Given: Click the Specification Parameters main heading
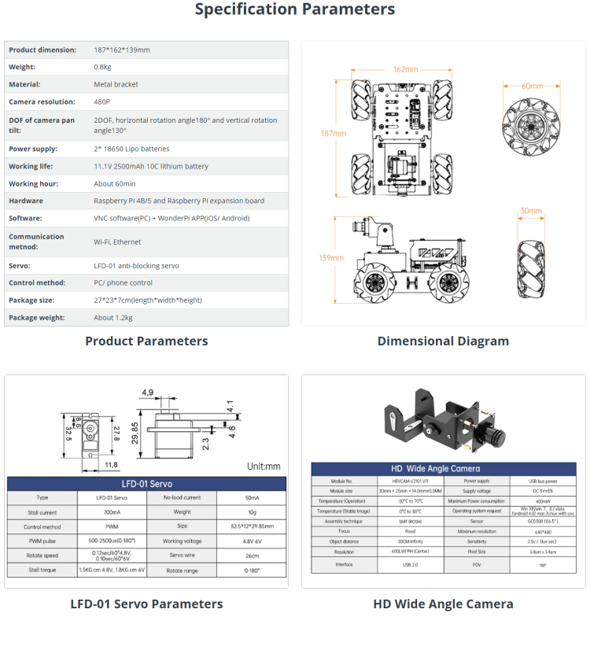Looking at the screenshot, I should click(x=295, y=9).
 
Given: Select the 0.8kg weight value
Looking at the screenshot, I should click(x=103, y=67).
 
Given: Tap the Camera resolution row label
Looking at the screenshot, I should click(x=42, y=102).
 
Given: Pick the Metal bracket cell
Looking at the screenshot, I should click(x=116, y=84).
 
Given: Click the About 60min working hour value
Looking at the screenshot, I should click(x=116, y=183).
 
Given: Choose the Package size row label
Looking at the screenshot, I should click(x=31, y=300).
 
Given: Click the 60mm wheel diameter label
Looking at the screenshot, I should click(x=533, y=86).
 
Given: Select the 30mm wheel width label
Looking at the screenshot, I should click(x=531, y=211).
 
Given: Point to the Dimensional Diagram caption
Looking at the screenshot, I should click(x=443, y=341).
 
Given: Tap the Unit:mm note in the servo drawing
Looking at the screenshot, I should click(x=263, y=466).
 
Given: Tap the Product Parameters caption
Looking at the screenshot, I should click(x=146, y=341).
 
